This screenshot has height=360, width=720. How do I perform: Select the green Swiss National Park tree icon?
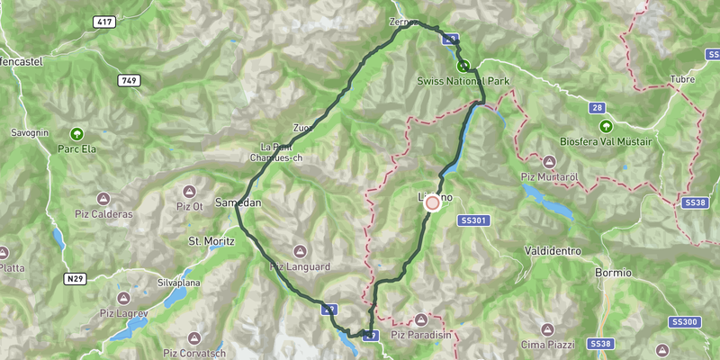point(463,66)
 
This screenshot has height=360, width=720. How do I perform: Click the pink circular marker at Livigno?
point(432,203)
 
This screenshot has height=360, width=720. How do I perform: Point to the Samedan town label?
point(238,203)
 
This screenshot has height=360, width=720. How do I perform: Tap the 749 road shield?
point(129,81)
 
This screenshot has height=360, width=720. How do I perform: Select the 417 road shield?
point(104,21)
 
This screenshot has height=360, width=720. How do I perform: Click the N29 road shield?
point(76,280)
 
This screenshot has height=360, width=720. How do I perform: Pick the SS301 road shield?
point(472,220)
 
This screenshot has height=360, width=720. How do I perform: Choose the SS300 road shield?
point(685,321)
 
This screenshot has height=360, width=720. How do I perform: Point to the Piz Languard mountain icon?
point(301,251)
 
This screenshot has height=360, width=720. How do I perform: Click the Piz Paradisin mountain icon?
point(421,320)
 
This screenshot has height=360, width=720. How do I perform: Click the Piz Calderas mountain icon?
point(103,199)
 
